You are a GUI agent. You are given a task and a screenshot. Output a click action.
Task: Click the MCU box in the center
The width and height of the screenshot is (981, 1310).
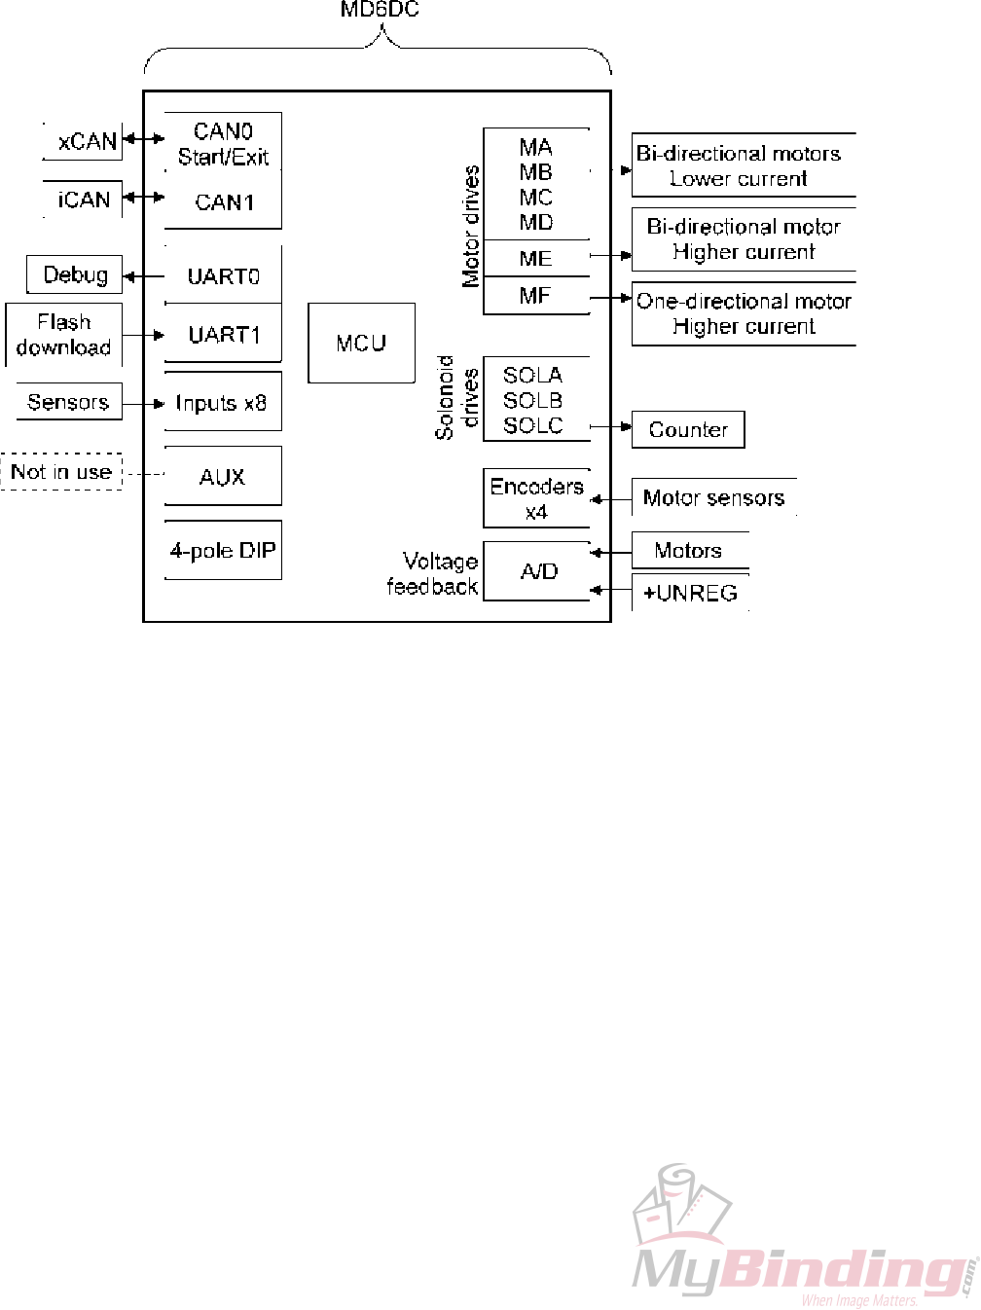[361, 343]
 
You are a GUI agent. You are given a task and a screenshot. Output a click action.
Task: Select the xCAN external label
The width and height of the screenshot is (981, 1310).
[86, 141]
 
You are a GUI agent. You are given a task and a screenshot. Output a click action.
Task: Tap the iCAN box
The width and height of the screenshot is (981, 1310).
[84, 200]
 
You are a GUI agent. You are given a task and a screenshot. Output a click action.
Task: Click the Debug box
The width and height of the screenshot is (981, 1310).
[75, 274]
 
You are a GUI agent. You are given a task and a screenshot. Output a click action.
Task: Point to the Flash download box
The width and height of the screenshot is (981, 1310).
[63, 335]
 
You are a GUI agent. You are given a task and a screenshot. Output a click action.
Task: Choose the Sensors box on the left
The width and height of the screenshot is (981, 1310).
[68, 402]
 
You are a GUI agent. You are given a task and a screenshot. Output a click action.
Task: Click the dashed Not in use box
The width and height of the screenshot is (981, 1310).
[60, 472]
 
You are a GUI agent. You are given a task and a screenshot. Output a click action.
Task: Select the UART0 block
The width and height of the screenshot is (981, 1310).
[223, 276]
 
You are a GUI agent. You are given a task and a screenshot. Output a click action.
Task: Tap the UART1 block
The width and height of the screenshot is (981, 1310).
[223, 335]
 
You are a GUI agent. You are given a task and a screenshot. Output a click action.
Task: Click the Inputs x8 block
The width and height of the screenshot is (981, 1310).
[222, 403]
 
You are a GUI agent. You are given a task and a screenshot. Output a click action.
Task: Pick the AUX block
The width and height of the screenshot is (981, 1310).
[222, 477]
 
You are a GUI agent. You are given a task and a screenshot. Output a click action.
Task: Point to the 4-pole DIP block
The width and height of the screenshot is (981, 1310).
[223, 551]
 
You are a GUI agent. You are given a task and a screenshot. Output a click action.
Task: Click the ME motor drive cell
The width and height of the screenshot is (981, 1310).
[536, 258]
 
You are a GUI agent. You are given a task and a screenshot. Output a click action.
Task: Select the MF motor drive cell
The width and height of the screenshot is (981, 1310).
[536, 296]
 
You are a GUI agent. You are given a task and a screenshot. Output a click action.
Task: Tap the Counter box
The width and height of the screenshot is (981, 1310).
[688, 429]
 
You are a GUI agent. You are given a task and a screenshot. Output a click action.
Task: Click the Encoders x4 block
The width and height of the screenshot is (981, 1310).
[536, 498]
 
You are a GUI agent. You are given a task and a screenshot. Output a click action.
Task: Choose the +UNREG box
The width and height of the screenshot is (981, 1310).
[690, 593]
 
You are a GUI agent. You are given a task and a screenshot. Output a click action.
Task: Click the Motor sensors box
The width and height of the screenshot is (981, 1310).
[713, 497]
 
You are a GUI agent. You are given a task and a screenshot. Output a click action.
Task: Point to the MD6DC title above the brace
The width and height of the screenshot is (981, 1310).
[380, 10]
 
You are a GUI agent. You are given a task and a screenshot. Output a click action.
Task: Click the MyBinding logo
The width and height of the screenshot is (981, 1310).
[803, 1242]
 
